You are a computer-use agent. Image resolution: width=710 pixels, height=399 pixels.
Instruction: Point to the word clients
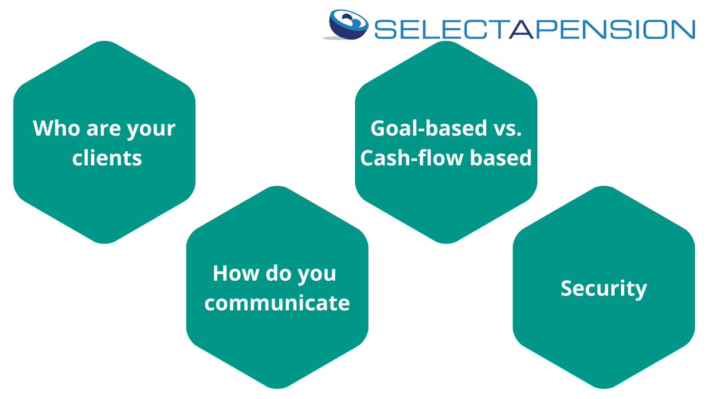coord(107,158)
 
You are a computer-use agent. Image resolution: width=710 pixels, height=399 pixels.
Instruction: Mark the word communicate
coord(277,303)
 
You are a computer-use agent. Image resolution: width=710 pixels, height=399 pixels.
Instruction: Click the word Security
coord(603,289)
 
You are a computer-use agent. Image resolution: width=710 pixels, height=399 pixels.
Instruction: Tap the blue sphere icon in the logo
coord(349,25)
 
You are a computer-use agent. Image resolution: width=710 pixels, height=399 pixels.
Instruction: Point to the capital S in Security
coord(567,288)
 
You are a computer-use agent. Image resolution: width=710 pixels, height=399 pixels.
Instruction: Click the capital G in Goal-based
coord(379,128)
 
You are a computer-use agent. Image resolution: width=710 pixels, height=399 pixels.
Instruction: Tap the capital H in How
coord(221,273)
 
